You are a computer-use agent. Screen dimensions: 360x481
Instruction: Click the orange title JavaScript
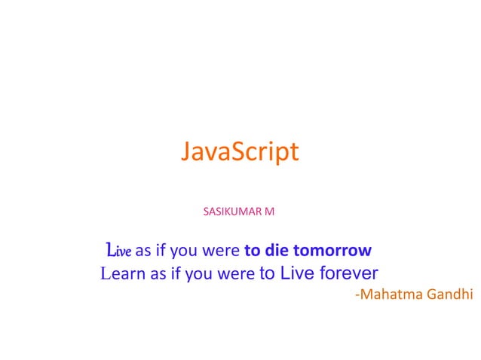coord(240,152)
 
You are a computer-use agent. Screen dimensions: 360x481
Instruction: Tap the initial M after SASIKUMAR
coord(270,212)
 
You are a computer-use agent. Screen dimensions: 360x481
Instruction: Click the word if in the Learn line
coord(176,273)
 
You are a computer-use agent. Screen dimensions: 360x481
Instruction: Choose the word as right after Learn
coord(158,273)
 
